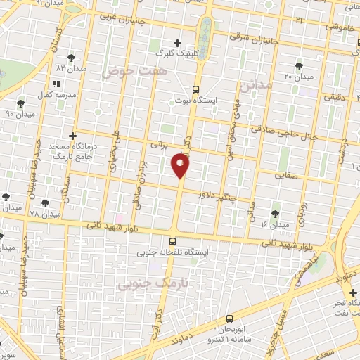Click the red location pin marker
click(181, 165)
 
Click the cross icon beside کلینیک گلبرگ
click(176, 43)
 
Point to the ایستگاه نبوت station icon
click(195, 89)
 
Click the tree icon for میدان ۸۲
click(71, 58)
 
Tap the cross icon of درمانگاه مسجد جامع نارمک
click(72, 135)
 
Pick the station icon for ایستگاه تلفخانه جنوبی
click(173, 241)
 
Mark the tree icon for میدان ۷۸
click(45, 203)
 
